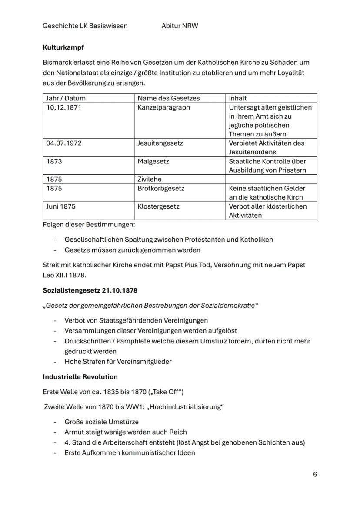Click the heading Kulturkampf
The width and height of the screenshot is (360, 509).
pos(63,47)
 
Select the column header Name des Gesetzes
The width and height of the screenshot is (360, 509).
pos(169,98)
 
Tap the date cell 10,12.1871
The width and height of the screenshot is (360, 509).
pos(63,107)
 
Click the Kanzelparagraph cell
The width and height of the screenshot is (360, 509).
pos(164,107)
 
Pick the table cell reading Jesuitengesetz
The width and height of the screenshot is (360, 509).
pos(160,143)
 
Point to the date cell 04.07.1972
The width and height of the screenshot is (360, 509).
pos(63,143)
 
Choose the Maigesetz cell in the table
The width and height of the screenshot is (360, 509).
pos(153,161)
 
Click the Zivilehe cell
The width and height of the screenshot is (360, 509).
pos(150,179)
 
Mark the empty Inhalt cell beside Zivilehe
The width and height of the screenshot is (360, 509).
pos(271,179)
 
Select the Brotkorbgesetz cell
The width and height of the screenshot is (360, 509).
pos(161,188)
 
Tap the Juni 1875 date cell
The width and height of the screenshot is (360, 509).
pos(61,206)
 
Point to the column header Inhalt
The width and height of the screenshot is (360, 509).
pos(238,98)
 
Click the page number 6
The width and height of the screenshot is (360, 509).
pos(315,474)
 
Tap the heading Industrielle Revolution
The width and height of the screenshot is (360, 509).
pos(80,376)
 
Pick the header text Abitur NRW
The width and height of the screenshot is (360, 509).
pos(180,26)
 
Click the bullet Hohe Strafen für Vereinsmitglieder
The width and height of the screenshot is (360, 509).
pos(118,361)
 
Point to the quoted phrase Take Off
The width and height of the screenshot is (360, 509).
pos(166,392)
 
